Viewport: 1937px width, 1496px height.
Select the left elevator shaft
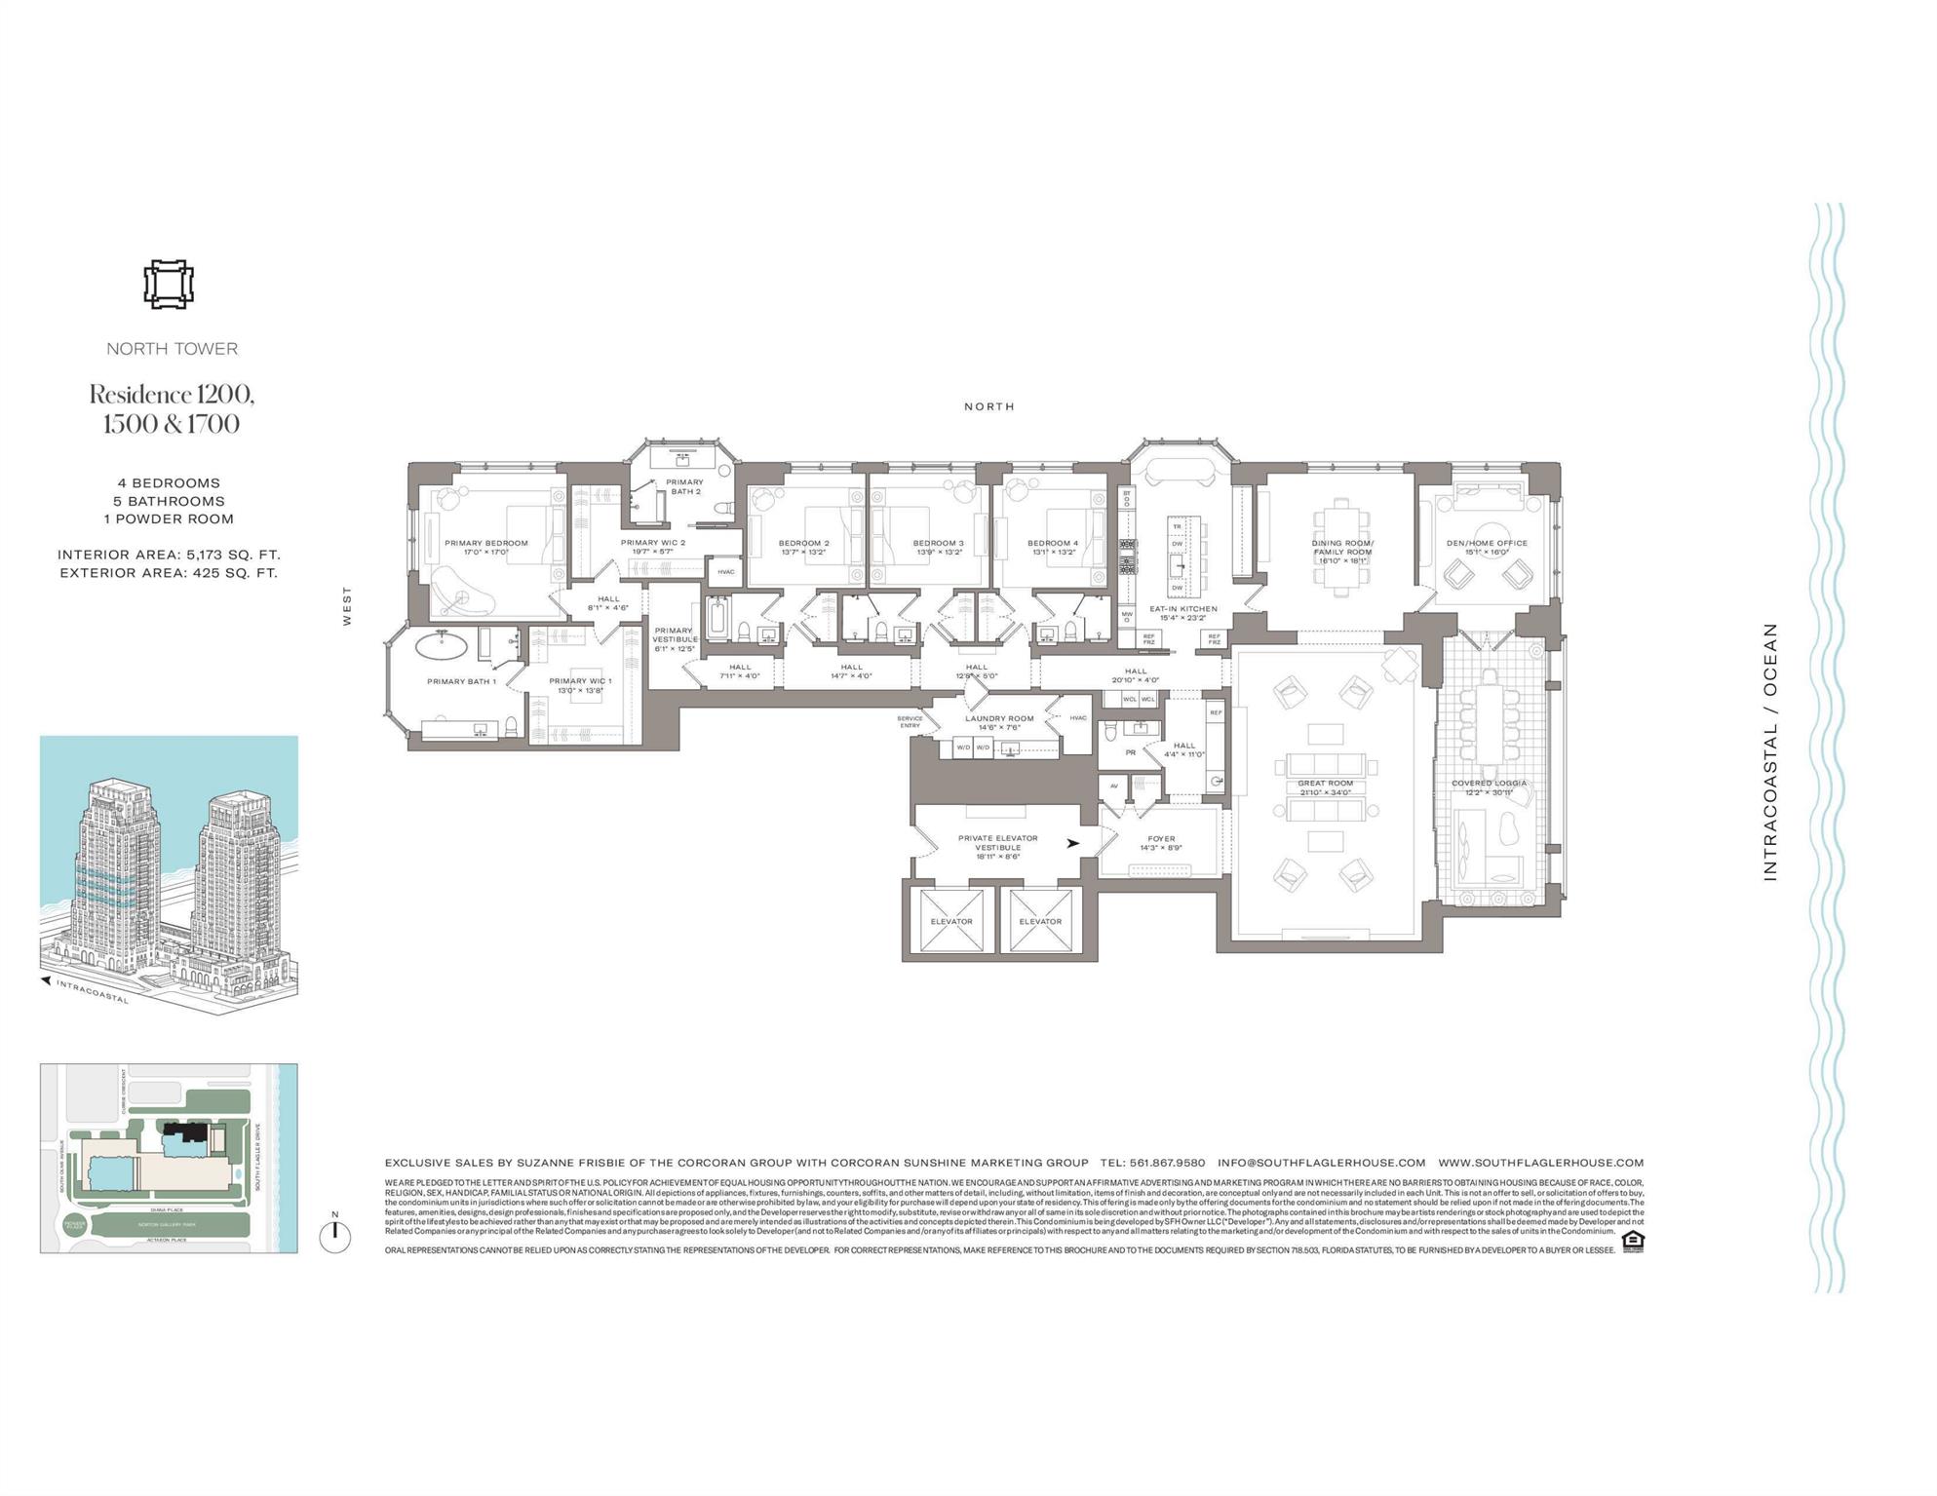[x=951, y=921]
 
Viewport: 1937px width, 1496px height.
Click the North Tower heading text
[x=172, y=349]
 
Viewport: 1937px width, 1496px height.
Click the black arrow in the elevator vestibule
[x=1073, y=844]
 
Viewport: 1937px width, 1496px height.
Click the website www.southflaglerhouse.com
[x=1540, y=1163]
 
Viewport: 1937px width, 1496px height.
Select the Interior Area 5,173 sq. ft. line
[x=169, y=555]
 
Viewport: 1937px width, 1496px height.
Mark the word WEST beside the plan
[x=347, y=605]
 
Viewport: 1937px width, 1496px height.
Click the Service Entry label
[x=910, y=721]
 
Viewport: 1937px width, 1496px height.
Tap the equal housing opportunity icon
[x=1632, y=1242]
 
